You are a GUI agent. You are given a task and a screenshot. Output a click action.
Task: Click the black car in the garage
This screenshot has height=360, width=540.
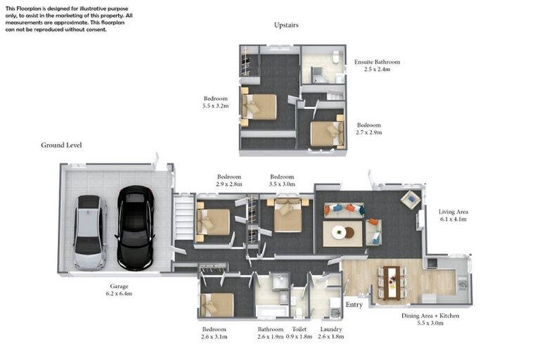click(x=135, y=227)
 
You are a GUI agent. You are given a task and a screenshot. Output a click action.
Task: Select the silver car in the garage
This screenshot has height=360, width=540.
click(x=90, y=232)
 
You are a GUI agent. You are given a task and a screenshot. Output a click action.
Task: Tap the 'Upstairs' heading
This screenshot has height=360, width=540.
click(x=286, y=25)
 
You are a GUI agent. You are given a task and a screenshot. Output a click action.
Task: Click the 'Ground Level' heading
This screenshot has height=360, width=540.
click(x=61, y=146)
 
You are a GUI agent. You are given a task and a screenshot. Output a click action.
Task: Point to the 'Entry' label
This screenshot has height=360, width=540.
click(x=354, y=304)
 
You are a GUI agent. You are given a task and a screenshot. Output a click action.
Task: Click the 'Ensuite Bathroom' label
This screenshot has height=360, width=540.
click(x=377, y=62)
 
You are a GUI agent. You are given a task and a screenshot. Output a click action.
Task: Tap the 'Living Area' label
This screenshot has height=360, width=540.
click(x=453, y=211)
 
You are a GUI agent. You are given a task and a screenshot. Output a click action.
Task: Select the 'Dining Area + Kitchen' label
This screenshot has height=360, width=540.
click(x=430, y=316)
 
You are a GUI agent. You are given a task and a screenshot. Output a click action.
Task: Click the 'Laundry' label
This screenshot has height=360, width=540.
click(x=330, y=329)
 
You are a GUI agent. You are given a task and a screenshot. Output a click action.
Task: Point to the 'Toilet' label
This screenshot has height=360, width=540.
click(x=300, y=329)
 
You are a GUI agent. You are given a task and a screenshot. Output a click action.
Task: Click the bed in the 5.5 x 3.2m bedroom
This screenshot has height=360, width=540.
click(x=259, y=107)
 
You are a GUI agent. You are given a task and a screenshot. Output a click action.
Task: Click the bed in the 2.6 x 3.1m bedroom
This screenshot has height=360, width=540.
click(x=217, y=305)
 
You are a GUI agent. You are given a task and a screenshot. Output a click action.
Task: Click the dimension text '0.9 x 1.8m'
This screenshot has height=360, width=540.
click(x=300, y=337)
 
